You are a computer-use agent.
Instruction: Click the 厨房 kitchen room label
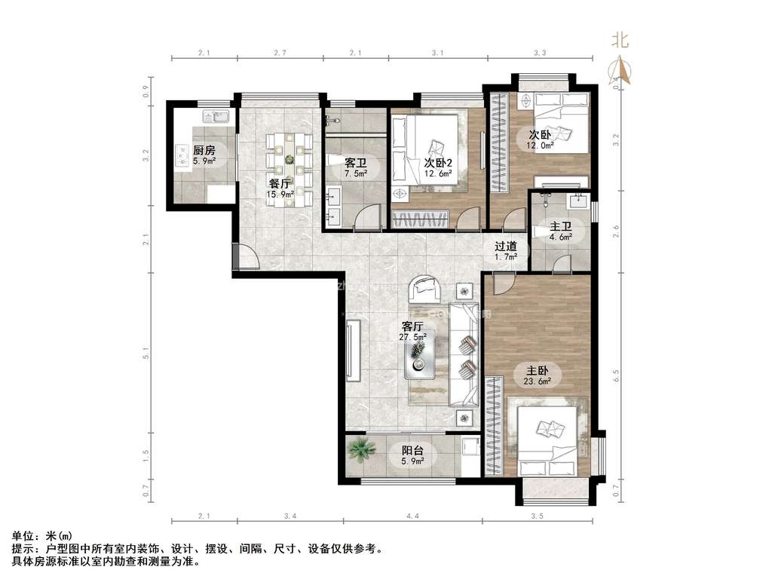click(204, 150)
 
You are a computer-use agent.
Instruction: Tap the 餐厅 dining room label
click(280, 183)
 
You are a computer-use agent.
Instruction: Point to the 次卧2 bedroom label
click(438, 163)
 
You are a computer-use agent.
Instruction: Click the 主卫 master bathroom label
click(559, 226)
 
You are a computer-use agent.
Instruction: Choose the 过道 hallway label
click(505, 246)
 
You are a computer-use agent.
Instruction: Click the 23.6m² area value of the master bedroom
click(537, 381)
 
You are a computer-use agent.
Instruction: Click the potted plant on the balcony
click(363, 450)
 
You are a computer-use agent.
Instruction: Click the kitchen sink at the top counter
click(218, 117)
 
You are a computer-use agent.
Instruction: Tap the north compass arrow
click(623, 71)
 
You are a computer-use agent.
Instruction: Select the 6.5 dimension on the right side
click(616, 373)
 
